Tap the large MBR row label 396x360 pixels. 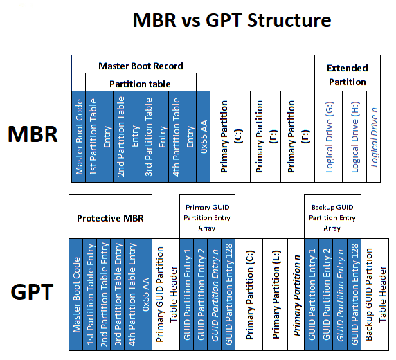(x=33, y=134)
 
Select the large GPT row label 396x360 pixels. (x=33, y=291)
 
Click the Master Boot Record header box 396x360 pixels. (x=141, y=66)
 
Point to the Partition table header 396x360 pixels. (x=141, y=83)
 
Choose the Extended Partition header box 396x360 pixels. (x=347, y=74)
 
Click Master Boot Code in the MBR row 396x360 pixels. (x=79, y=136)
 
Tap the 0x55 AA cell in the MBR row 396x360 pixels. (x=202, y=136)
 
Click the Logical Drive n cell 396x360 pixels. (x=374, y=136)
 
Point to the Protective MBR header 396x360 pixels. (x=110, y=217)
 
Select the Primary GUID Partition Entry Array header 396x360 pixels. (x=208, y=217)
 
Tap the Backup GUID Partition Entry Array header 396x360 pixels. (x=332, y=217)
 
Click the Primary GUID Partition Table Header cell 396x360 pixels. (x=166, y=291)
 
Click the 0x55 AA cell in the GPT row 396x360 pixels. (x=145, y=291)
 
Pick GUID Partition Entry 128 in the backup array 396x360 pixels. (x=353, y=291)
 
